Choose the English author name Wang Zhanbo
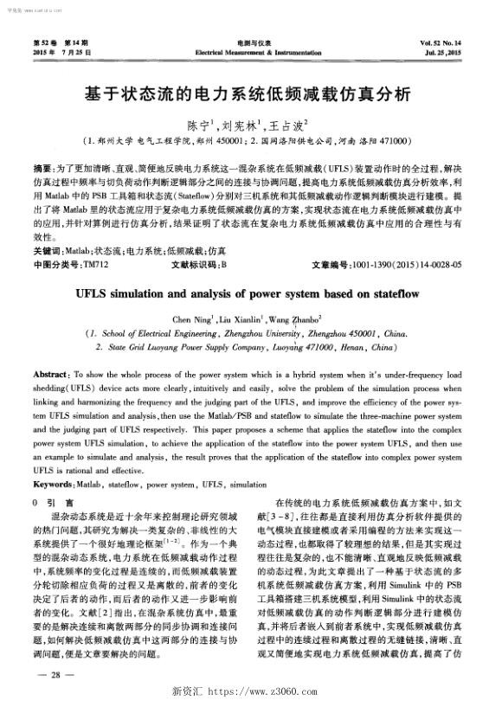pos(295,319)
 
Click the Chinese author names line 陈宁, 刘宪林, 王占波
pos(245,124)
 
